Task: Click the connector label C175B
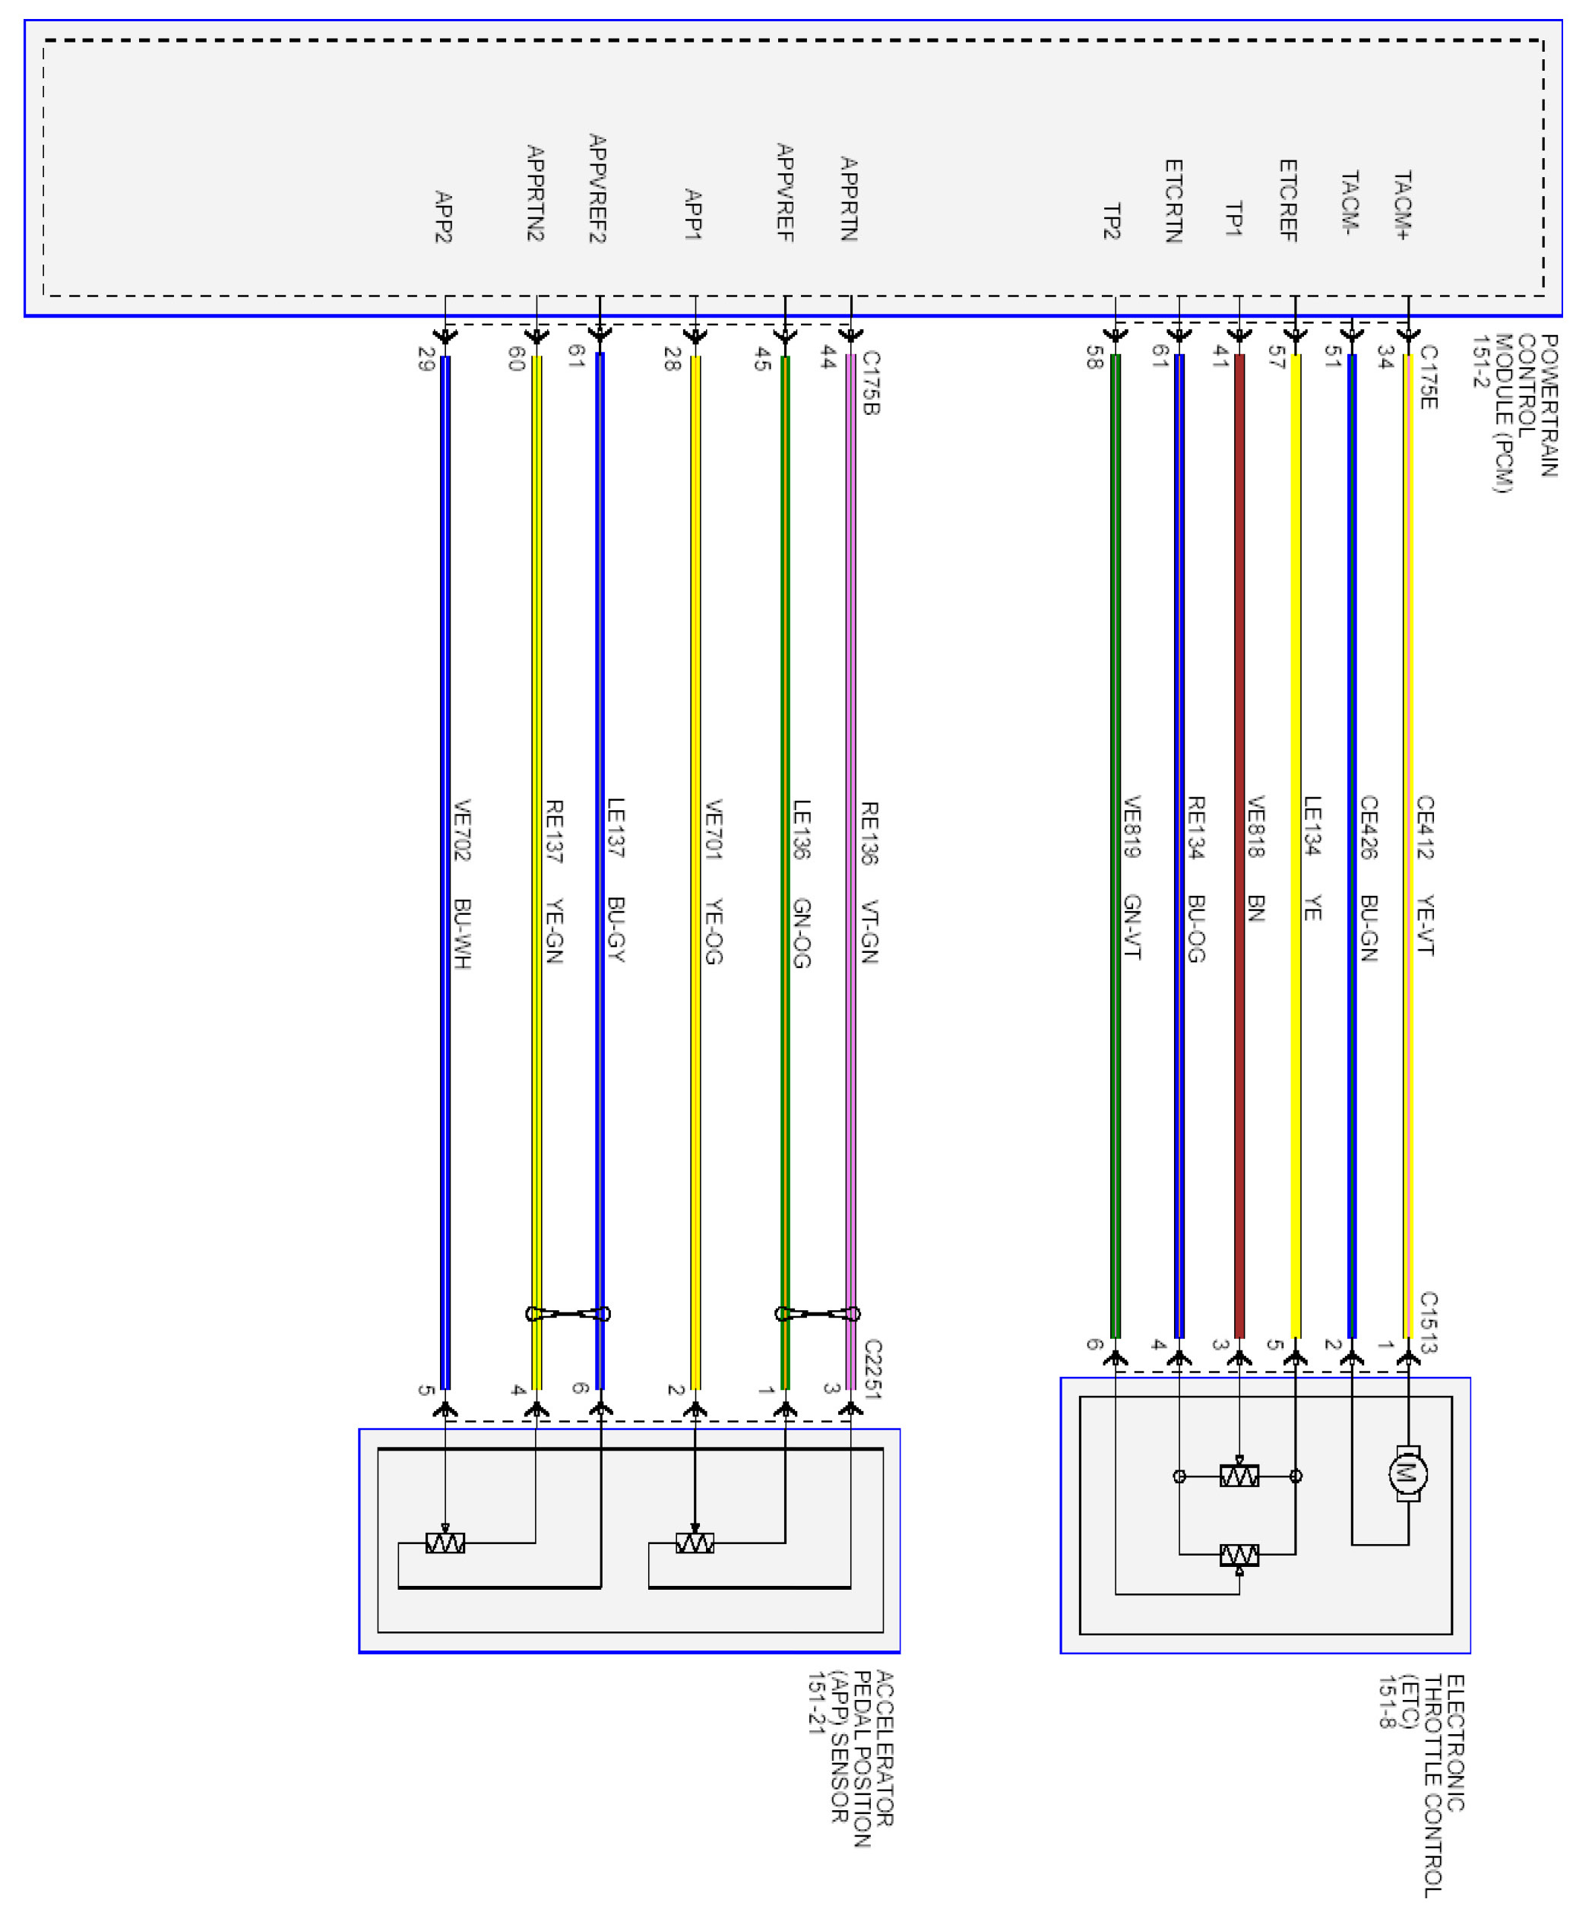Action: click(x=870, y=383)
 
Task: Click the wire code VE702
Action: click(x=462, y=830)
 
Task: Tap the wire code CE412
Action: click(x=1425, y=827)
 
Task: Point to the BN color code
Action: click(x=1255, y=908)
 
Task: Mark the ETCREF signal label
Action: click(x=1287, y=201)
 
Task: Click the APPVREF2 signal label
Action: click(x=597, y=188)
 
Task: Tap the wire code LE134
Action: click(x=1312, y=826)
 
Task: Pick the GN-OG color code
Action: click(x=802, y=932)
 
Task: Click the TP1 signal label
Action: click(x=1233, y=220)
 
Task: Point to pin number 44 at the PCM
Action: click(x=828, y=359)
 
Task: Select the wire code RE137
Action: click(x=553, y=831)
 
